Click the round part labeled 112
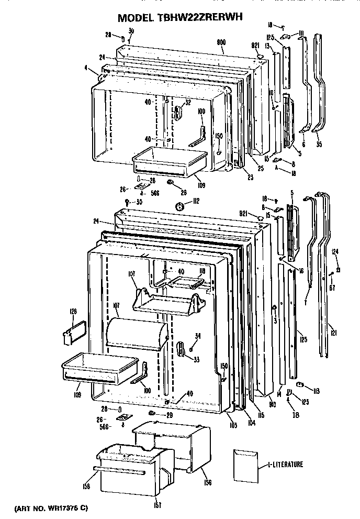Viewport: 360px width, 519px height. [181, 206]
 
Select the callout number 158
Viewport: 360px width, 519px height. [86, 486]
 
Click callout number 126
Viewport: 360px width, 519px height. [73, 313]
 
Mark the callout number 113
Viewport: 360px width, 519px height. [316, 391]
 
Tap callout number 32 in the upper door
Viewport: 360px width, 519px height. [187, 102]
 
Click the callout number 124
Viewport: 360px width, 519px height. [335, 252]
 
